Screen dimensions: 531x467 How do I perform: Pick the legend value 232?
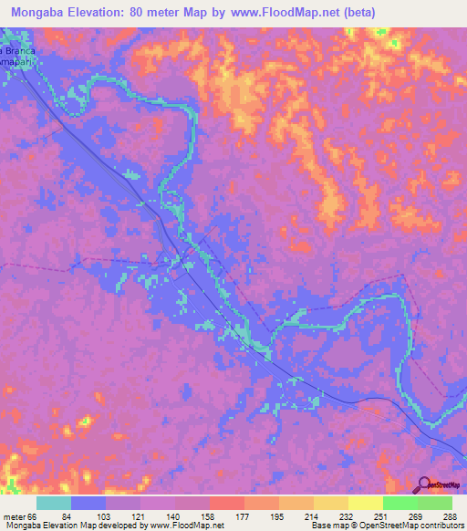343,515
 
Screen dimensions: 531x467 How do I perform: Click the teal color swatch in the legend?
54,503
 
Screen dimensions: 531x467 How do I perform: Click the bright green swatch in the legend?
400,503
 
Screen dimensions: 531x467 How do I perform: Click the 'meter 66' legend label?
16,515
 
